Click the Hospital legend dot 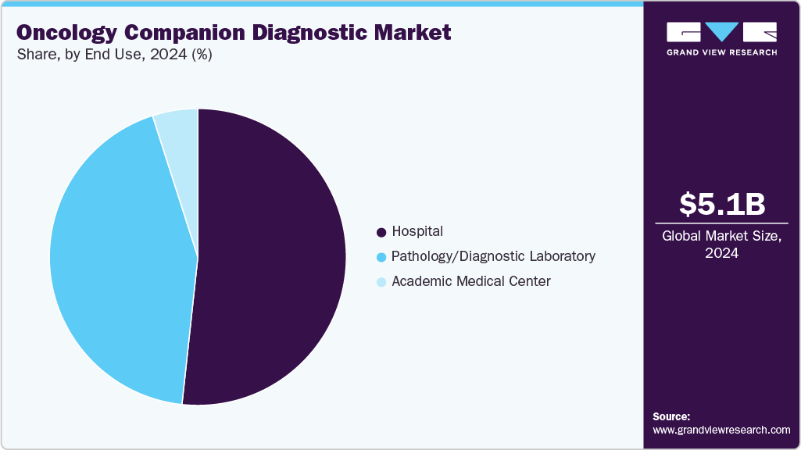click(x=381, y=232)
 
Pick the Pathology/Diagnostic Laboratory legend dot click(x=381, y=257)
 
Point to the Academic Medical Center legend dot click(x=381, y=282)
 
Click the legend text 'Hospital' click(x=417, y=231)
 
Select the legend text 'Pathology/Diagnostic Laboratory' click(x=493, y=256)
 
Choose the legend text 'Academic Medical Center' click(x=471, y=281)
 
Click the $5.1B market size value click(x=721, y=204)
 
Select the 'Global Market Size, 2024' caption click(x=721, y=244)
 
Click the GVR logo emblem click(x=721, y=32)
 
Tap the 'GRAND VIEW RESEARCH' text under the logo click(x=721, y=52)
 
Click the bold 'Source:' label click(x=671, y=416)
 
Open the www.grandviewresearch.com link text click(x=721, y=430)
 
